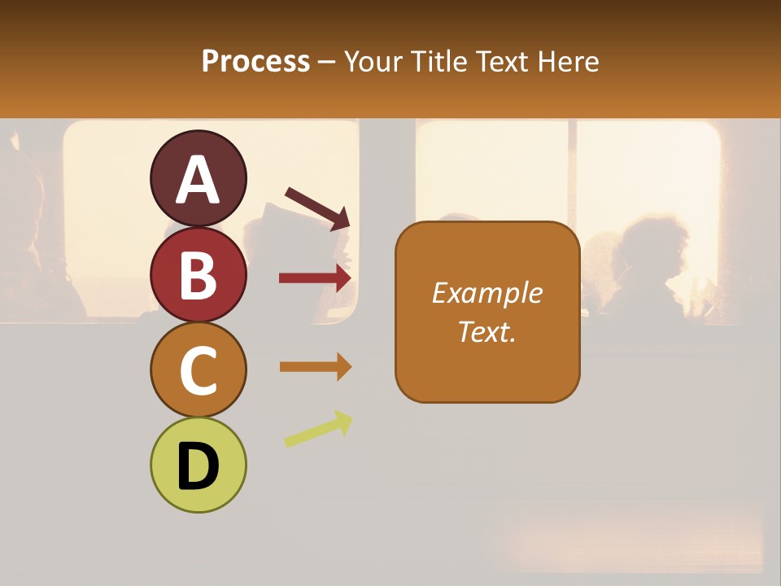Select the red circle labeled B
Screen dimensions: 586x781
[x=199, y=274]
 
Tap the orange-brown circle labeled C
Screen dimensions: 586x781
[x=199, y=370]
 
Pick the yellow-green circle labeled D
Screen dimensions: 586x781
[x=199, y=465]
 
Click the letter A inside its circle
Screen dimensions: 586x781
[x=199, y=179]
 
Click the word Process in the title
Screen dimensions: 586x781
[x=255, y=61]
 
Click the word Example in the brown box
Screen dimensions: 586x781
[x=486, y=293]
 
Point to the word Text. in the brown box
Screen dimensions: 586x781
[x=486, y=332]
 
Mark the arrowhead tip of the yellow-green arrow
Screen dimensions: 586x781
[x=351, y=418]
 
